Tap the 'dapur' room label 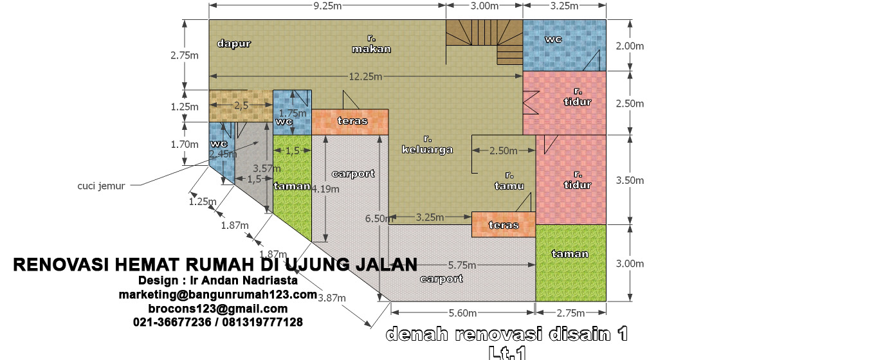click(233, 44)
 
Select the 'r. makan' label click(371, 44)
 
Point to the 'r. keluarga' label click(427, 145)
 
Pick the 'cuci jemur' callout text click(101, 185)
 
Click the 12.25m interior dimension click(365, 76)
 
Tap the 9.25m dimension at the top click(327, 6)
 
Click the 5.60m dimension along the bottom click(462, 313)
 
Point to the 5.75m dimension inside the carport click(462, 265)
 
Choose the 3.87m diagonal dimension click(332, 298)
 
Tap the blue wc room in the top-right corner click(564, 45)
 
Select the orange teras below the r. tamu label click(504, 225)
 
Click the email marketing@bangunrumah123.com click(217, 294)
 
